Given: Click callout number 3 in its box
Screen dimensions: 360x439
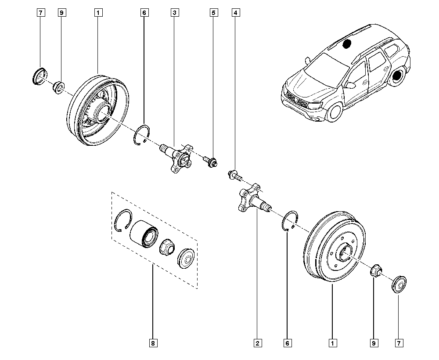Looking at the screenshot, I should pos(174,13).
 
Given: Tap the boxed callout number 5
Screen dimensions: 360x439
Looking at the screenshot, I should pos(213,13).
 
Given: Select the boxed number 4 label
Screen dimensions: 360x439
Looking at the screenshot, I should pos(236,13).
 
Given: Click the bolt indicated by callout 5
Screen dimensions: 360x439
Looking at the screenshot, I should pos(210,162).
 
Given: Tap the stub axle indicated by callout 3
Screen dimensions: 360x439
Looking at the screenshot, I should pos(178,156).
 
